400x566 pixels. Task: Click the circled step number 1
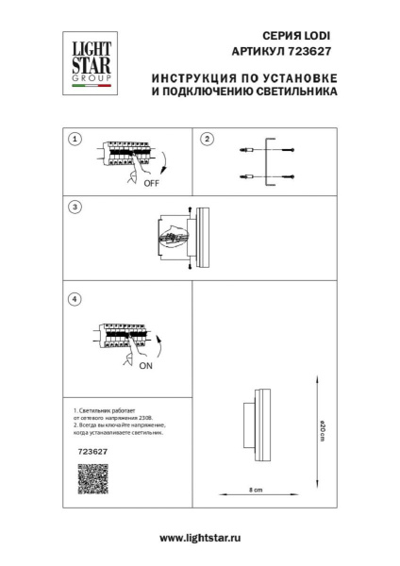75,138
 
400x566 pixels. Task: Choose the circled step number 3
75,205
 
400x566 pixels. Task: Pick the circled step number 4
75,299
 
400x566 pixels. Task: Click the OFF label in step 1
150,185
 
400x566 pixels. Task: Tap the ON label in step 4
145,368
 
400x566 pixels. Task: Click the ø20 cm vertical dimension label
322,433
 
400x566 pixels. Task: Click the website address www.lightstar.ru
200,537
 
